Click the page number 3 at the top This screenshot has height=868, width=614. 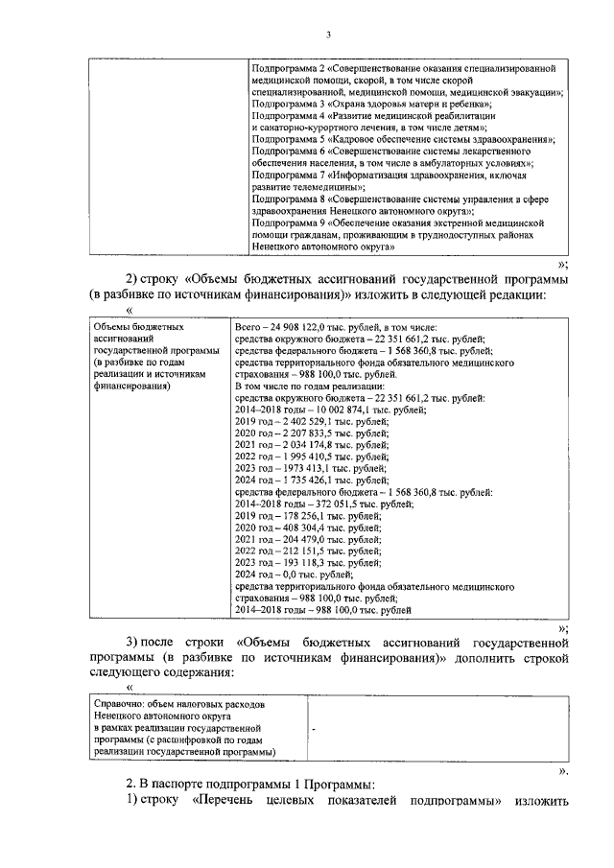327,35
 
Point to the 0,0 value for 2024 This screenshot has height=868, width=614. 286,574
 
